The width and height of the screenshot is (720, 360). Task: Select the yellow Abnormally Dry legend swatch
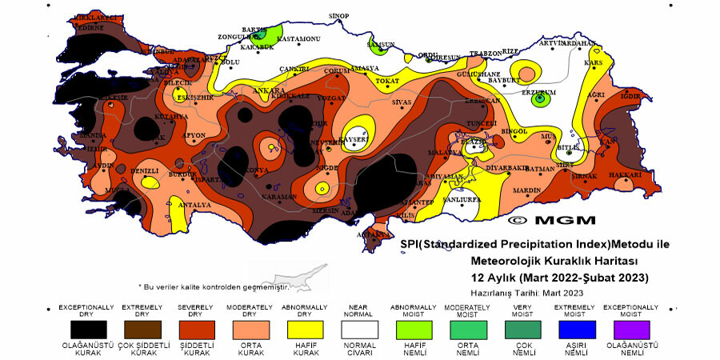(305, 330)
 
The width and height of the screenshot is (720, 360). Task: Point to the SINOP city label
(340, 15)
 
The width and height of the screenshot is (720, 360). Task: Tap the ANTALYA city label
(194, 205)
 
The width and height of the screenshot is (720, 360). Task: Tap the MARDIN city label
(528, 190)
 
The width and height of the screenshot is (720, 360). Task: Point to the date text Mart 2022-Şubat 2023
(583, 278)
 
